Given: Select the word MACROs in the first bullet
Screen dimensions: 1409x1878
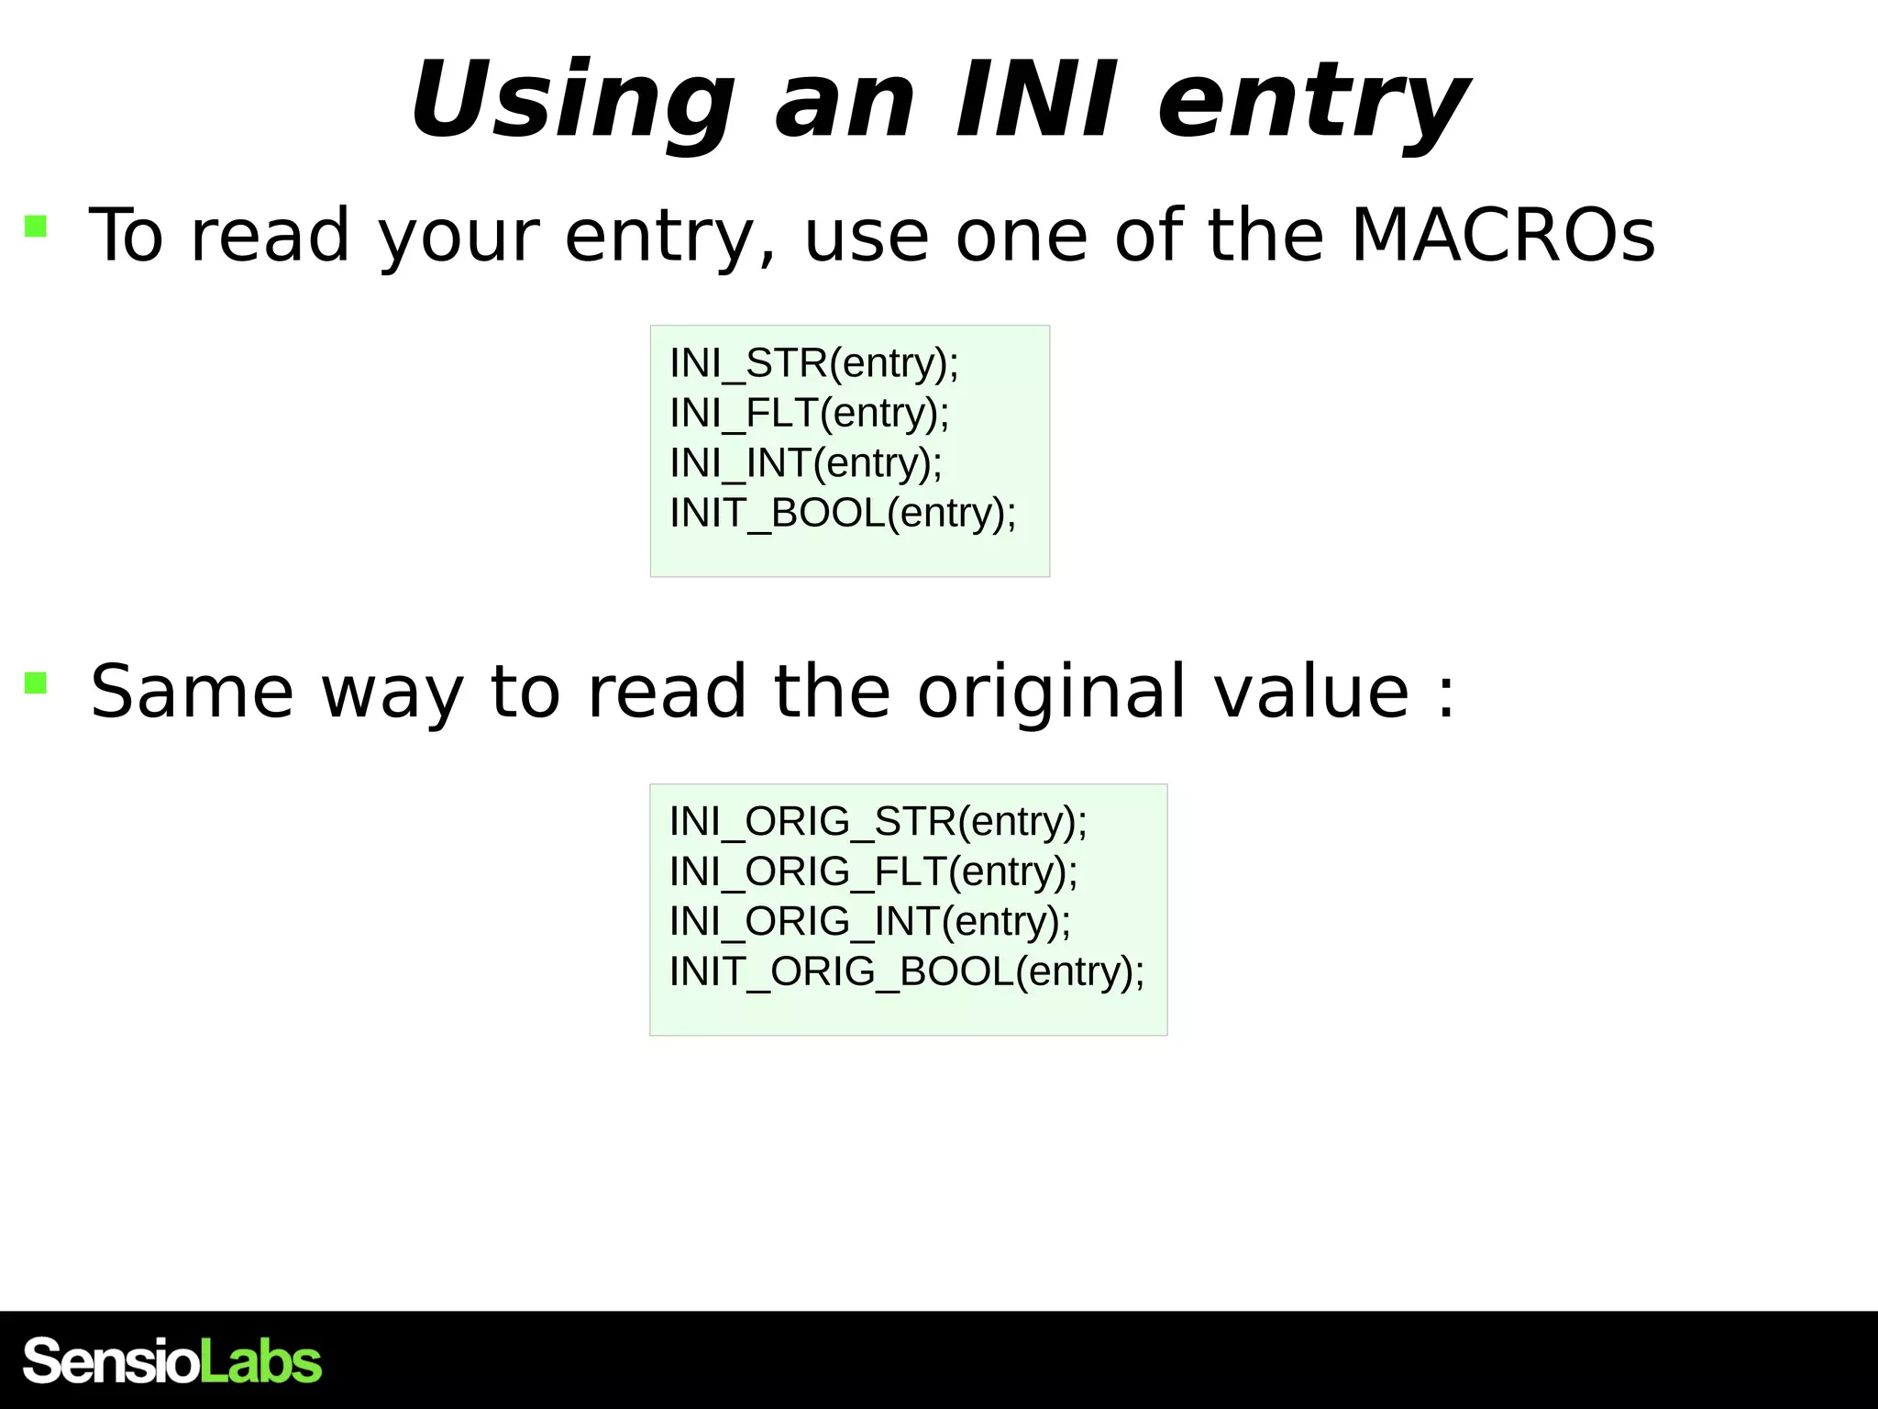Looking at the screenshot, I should click(x=1503, y=236).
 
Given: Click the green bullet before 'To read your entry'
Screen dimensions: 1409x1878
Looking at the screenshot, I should click(x=36, y=226).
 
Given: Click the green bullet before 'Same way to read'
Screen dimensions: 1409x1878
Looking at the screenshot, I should click(x=36, y=682).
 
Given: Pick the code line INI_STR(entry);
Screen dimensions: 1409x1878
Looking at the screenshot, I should click(x=814, y=363).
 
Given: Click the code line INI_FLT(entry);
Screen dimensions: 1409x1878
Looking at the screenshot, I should click(x=810, y=413).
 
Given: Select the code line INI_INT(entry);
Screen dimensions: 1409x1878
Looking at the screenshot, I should click(x=806, y=463).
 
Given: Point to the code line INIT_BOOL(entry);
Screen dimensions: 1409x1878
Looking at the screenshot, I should click(x=843, y=513).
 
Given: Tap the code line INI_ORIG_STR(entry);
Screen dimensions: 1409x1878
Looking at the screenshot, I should click(x=878, y=821).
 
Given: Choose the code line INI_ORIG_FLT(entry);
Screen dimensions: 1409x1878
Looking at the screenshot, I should click(x=873, y=871).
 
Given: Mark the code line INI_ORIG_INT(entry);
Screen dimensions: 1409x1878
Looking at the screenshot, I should click(x=869, y=921).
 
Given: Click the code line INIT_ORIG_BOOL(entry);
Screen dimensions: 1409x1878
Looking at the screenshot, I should click(x=907, y=971).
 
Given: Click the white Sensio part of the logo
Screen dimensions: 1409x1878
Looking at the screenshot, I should click(x=110, y=1361).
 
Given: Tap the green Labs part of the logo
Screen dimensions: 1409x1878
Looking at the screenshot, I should click(x=260, y=1361).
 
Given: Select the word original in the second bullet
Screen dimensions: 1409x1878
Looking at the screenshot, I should click(x=1053, y=693).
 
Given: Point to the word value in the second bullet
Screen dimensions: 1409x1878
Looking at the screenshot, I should click(x=1312, y=693).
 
